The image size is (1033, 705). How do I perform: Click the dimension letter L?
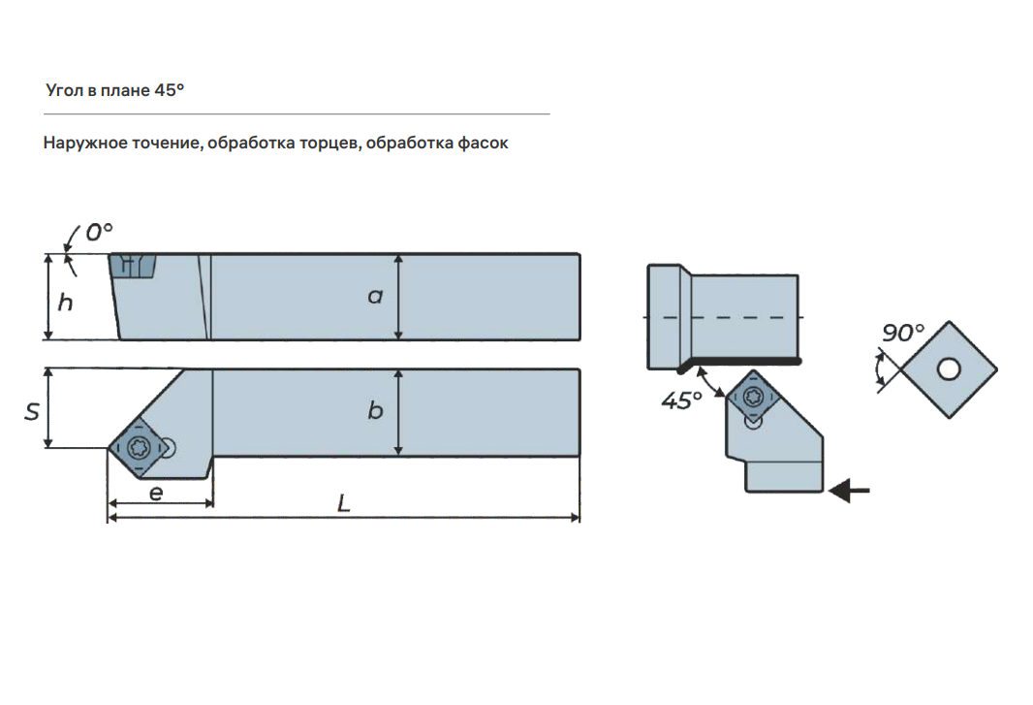point(343,504)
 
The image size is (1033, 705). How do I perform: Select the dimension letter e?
point(156,493)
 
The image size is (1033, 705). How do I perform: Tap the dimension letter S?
point(32,411)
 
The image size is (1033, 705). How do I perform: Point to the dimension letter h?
point(65,302)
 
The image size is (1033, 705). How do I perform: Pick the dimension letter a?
point(375,296)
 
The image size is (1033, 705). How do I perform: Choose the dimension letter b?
point(375,410)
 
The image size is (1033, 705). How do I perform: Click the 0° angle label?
point(100,232)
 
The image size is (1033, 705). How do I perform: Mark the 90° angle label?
point(902,333)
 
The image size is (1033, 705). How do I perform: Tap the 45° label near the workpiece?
point(681,401)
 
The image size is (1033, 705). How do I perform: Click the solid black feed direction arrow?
point(849,491)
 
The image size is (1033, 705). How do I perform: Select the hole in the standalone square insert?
point(949,369)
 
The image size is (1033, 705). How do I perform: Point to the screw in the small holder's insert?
point(753,397)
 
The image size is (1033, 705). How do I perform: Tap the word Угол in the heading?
point(65,90)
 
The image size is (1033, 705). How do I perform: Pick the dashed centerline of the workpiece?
point(723,317)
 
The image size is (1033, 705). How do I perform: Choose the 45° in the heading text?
point(170,89)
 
